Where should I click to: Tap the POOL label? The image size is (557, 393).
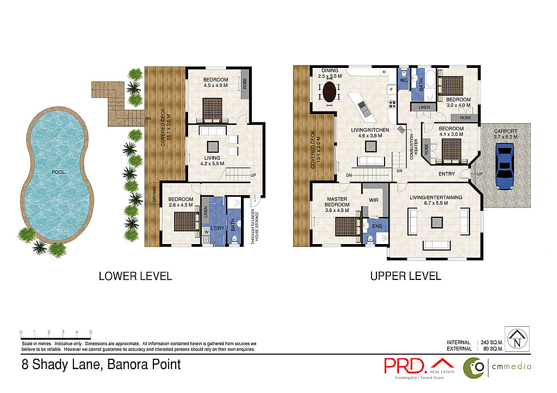coord(58,172)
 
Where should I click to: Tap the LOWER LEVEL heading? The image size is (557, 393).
coord(135,276)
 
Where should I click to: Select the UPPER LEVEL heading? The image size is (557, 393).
coord(405,276)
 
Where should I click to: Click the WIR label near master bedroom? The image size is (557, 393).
coord(373,201)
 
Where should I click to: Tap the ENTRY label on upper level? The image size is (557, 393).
coord(447,174)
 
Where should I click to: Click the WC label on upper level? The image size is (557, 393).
coord(404,80)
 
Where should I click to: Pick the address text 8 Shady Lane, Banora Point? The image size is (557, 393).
coord(101,364)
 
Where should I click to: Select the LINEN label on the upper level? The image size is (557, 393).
coord(424,108)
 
